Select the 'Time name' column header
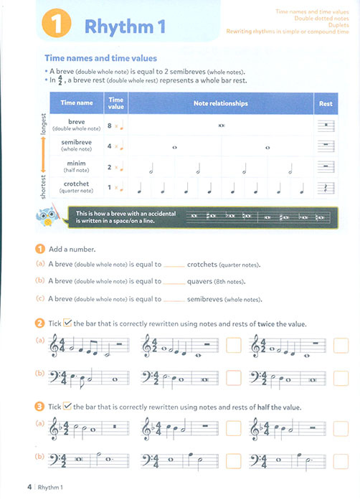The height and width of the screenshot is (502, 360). tap(77, 103)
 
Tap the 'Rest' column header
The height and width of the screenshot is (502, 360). tap(326, 103)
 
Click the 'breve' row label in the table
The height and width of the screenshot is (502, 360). tap(77, 123)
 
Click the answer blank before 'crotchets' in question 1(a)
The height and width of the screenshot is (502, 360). tap(174, 265)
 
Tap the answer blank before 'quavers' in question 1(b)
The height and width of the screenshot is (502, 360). tap(174, 283)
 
